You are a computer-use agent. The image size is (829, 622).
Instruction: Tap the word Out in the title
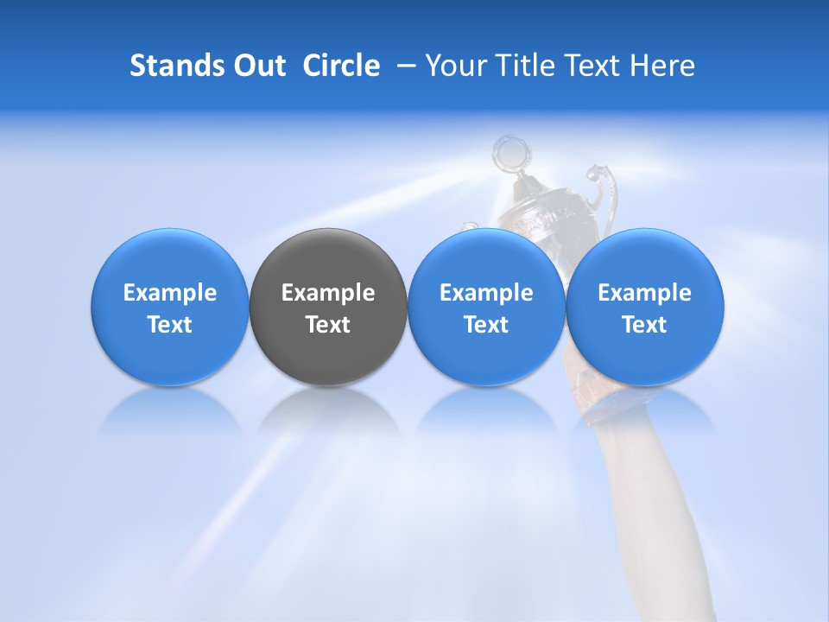[258, 66]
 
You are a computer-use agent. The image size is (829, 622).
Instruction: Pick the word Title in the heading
[521, 66]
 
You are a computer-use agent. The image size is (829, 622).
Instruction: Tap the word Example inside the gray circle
[328, 293]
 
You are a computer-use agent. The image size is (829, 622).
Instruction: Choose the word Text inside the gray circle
[328, 325]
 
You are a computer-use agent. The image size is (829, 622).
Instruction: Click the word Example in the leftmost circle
[170, 293]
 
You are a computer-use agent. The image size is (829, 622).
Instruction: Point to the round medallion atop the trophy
[509, 155]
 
